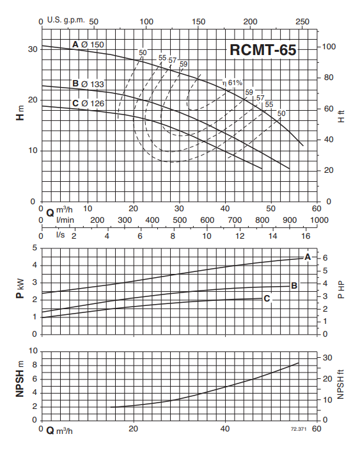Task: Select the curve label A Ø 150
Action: tap(88, 45)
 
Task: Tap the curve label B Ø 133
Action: tap(88, 84)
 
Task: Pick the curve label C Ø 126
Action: tap(88, 104)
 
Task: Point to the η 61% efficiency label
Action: tap(232, 83)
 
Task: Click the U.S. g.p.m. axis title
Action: tap(66, 20)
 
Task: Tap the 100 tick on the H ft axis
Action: tap(329, 47)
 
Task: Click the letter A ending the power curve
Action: tap(308, 257)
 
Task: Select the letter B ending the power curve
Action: tap(294, 286)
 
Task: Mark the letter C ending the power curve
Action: tap(267, 298)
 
